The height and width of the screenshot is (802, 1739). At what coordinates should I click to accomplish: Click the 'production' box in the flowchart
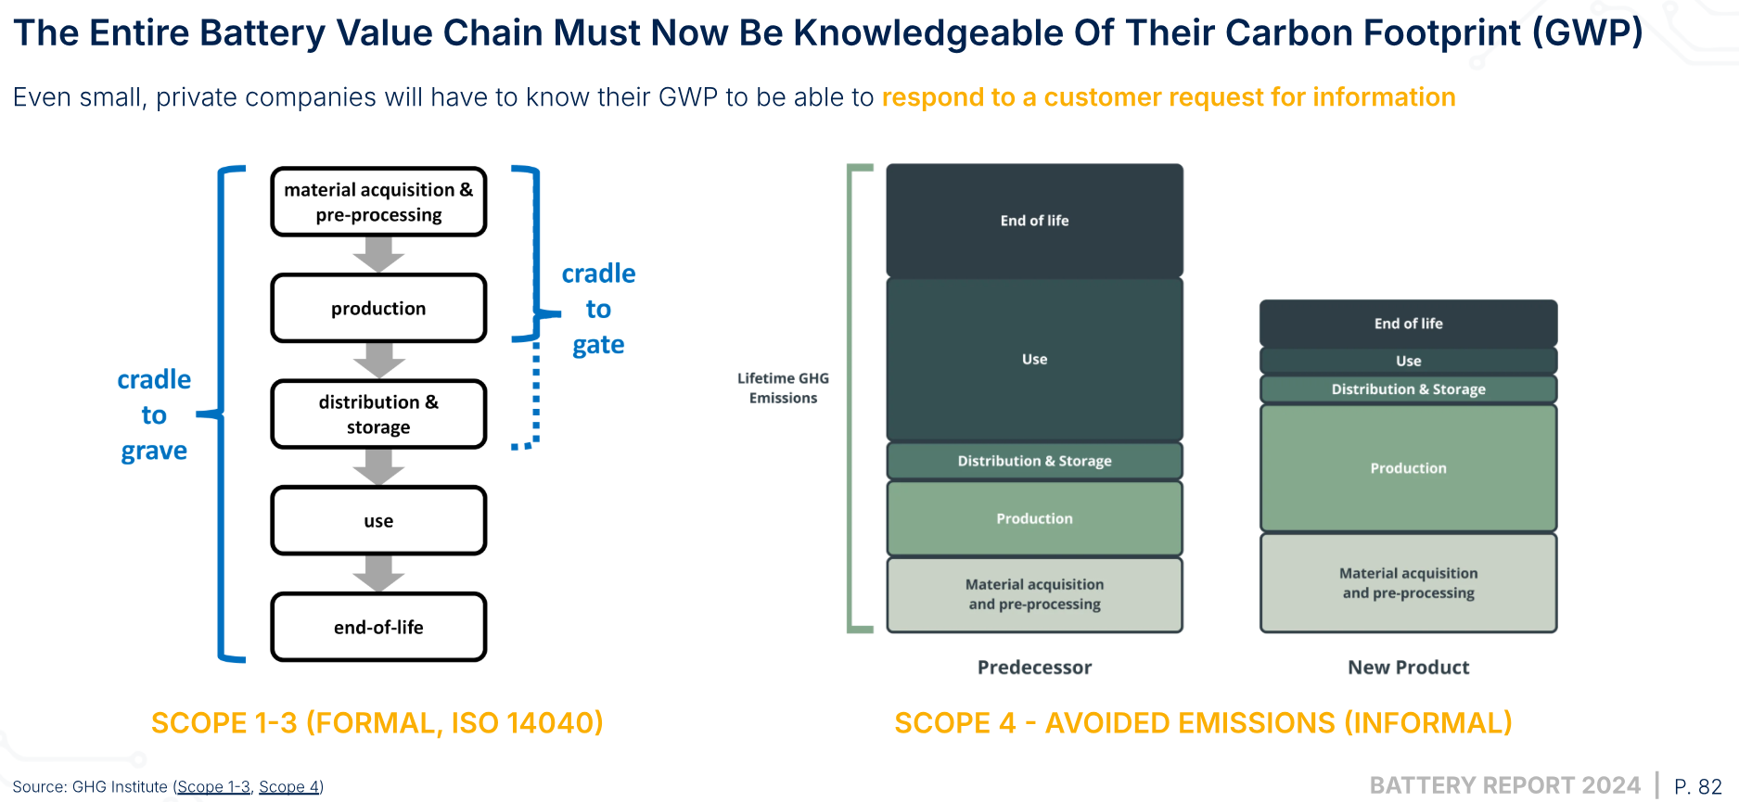378,308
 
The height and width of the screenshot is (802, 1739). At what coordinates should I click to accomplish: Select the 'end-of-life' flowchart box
378,627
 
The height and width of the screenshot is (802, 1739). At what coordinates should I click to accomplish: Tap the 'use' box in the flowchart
378,520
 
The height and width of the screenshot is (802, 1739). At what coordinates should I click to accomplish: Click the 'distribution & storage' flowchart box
378,414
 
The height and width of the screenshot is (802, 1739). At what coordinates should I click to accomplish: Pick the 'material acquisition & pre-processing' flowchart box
378,202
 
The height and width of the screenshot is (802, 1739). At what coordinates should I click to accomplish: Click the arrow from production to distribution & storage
378,361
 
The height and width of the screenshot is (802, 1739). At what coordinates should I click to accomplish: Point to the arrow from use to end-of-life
378,573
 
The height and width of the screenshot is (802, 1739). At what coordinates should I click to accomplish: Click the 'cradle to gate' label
598,309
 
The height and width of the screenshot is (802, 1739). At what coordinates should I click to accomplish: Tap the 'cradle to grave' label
154,414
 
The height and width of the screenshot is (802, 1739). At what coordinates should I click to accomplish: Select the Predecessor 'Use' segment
1034,359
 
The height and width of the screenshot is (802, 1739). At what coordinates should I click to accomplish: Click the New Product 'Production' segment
1408,468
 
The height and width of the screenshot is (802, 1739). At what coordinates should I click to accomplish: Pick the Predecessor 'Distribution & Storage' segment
1034,461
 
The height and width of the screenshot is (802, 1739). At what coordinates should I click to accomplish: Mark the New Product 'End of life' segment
1408,324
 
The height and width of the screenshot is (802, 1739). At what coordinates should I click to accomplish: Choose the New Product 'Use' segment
1408,361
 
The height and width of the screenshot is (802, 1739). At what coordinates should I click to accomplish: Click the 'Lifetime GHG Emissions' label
783,388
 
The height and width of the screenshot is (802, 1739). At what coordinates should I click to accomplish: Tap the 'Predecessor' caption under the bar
1034,668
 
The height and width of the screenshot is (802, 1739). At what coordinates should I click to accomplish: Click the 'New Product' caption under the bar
1408,668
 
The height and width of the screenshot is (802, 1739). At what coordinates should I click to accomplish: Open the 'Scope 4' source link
288,787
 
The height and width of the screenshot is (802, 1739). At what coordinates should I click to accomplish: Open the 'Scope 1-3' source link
213,787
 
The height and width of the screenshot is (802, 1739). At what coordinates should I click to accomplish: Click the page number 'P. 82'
1697,786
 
